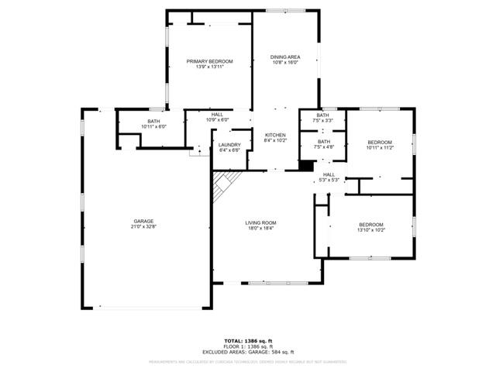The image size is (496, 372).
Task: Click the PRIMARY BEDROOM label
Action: tap(209, 61)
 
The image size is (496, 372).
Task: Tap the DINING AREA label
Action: tap(284, 57)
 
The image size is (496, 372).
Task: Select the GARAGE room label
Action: tap(143, 221)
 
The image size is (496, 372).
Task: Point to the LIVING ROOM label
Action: tap(261, 222)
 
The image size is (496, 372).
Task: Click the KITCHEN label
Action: tap(275, 135)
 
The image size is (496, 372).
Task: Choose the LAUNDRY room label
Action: tap(229, 145)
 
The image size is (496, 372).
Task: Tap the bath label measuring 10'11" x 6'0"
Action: tap(153, 122)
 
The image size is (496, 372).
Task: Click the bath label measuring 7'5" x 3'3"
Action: tap(323, 116)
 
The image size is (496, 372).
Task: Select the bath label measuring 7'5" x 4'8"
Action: tap(323, 142)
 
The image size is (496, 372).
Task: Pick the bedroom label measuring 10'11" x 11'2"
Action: tap(380, 142)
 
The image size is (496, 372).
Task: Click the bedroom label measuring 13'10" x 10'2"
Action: tap(371, 225)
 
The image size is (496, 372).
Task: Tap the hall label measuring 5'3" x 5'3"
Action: tap(329, 174)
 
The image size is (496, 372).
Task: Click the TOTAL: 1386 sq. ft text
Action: tap(248, 341)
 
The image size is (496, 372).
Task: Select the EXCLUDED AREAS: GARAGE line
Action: tap(248, 352)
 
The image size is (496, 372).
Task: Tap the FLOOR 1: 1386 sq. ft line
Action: tap(248, 346)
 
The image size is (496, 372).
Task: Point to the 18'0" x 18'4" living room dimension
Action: tap(261, 229)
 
